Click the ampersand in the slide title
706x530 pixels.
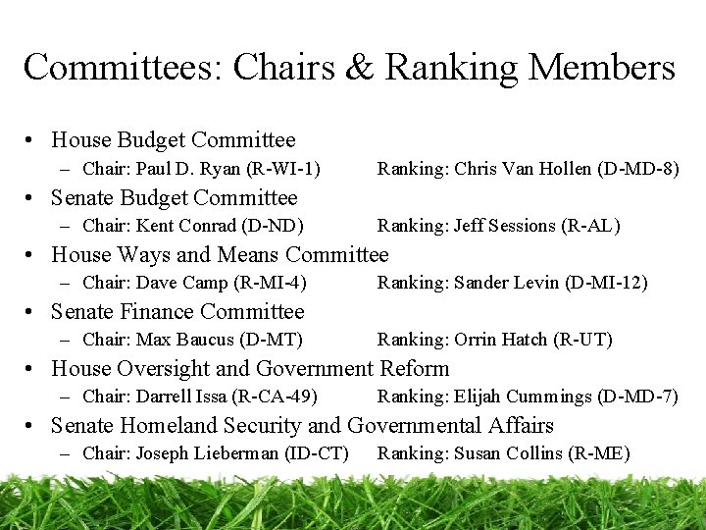[361, 68]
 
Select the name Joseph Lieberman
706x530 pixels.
[207, 453]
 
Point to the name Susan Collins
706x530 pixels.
[507, 453]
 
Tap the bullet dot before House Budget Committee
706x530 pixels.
[31, 141]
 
